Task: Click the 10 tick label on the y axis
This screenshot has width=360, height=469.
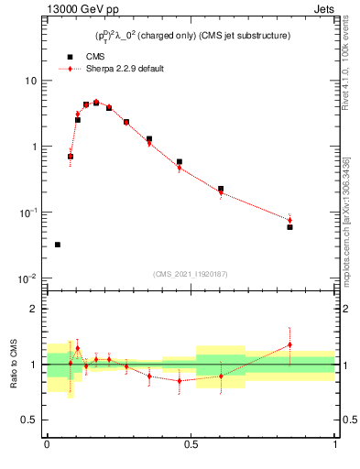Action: pos(30,81)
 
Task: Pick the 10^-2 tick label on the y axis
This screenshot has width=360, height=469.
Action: pos(27,278)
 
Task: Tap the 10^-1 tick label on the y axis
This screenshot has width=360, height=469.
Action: pos(27,213)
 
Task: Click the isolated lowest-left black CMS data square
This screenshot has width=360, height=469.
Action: pos(58,245)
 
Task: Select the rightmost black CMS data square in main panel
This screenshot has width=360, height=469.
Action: pos(289,226)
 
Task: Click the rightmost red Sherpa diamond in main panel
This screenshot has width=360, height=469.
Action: pos(289,220)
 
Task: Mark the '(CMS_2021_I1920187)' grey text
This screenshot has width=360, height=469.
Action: pos(191,273)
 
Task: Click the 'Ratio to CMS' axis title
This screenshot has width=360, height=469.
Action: pos(13,365)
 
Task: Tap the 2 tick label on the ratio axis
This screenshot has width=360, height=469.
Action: pos(34,309)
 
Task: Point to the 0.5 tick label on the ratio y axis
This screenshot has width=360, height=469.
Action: pos(29,420)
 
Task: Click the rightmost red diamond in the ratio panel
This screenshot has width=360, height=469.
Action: pos(289,344)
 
